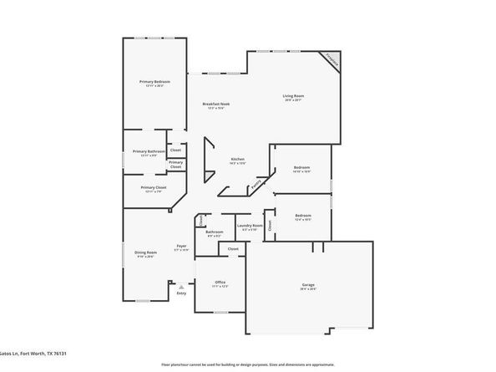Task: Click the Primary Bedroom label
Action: [x=154, y=81]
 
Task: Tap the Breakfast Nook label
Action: [x=216, y=104]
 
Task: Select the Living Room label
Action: [x=292, y=96]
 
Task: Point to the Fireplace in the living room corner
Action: [x=332, y=60]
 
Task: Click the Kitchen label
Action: [x=237, y=159]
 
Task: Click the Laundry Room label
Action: [x=250, y=225]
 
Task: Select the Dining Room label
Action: [x=144, y=252]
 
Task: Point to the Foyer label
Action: [x=180, y=246]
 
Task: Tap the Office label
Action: [x=220, y=282]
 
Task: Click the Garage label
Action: [x=308, y=285]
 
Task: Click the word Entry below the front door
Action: [x=181, y=293]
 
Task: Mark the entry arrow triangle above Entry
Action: [x=181, y=286]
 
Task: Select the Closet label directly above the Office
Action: [x=233, y=248]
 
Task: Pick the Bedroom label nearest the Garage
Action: [x=302, y=215]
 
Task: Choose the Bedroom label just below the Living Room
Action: [x=301, y=167]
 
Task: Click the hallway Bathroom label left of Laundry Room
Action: [x=215, y=231]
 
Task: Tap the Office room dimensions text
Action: [x=220, y=287]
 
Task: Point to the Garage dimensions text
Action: [x=308, y=290]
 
